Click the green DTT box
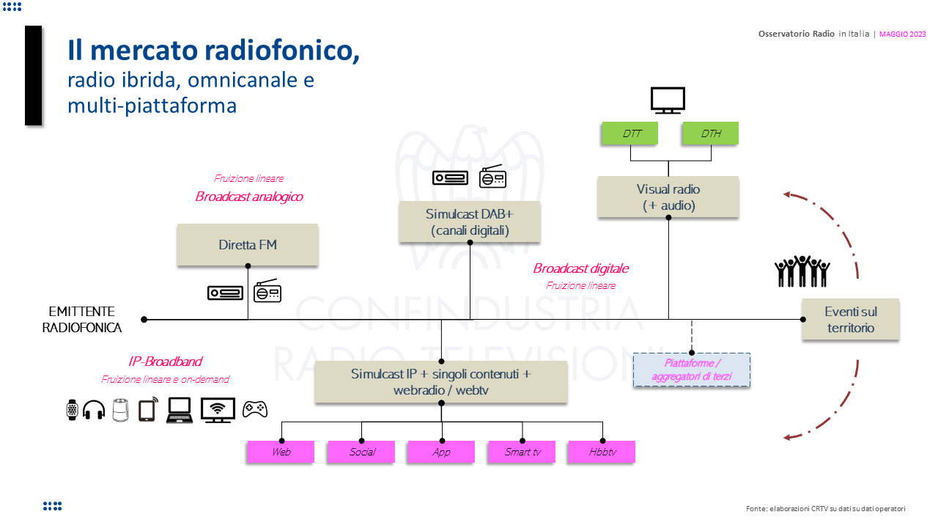pyautogui.click(x=629, y=133)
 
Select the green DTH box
pyautogui.click(x=710, y=133)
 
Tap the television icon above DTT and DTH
pyautogui.click(x=668, y=100)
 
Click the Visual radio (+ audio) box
pyautogui.click(x=668, y=197)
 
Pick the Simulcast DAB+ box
pyautogui.click(x=470, y=222)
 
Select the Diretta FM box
pyautogui.click(x=248, y=245)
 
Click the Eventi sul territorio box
pyautogui.click(x=850, y=320)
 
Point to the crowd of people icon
pyautogui.click(x=802, y=271)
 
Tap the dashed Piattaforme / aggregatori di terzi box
pyautogui.click(x=692, y=370)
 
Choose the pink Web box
pyautogui.click(x=281, y=452)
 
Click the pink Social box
pyautogui.click(x=361, y=452)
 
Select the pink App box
pyautogui.click(x=441, y=452)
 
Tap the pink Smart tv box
pyautogui.click(x=522, y=452)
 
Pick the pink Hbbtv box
pyautogui.click(x=602, y=452)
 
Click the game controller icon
pyautogui.click(x=255, y=409)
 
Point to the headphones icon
pyautogui.click(x=94, y=409)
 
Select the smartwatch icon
pyautogui.click(x=72, y=409)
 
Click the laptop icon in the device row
pyautogui.click(x=179, y=410)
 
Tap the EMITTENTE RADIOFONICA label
pyautogui.click(x=81, y=320)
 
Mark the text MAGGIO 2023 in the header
pyautogui.click(x=902, y=34)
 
